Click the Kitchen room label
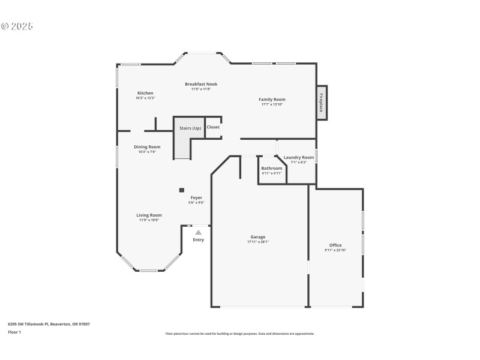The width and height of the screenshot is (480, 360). pos(145,93)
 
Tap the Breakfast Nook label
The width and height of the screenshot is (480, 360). pos(201,84)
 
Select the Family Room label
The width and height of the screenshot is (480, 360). pos(272,99)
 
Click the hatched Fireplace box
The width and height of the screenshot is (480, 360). pos(322,103)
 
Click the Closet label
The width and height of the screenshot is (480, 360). pos(213,127)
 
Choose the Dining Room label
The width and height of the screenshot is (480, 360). pos(147,147)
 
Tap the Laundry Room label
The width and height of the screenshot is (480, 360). pos(299,157)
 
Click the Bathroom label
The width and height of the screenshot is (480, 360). pos(271,169)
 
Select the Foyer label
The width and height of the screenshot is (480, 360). pos(197,197)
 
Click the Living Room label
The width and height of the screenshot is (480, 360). pos(149,215)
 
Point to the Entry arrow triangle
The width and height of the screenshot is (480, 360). pos(198,232)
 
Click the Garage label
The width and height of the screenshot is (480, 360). pos(258,237)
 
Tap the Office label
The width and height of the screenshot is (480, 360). pos(335,245)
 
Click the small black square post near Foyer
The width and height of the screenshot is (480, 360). pos(181,190)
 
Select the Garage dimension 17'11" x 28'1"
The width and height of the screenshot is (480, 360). pos(258,242)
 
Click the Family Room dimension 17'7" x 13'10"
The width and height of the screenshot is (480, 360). pos(272,104)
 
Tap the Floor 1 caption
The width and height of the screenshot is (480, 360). pos(14,332)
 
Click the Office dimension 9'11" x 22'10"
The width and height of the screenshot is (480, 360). pos(335,250)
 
